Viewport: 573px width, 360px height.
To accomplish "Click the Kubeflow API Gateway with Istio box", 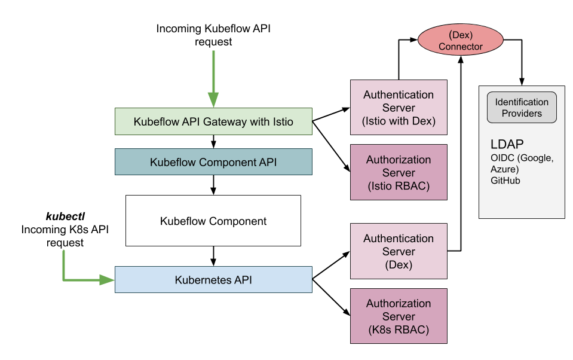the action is pos(213,121).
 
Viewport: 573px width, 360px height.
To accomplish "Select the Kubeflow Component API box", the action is pos(213,161).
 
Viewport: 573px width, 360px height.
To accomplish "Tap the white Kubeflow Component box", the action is pos(213,221).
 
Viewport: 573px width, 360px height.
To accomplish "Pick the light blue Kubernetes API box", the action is pos(213,279).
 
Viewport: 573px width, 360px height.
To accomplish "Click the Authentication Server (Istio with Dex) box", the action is pos(399,107).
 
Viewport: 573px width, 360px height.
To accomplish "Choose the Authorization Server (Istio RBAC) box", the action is pos(399,172).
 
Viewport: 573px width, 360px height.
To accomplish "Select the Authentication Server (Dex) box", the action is pos(399,251).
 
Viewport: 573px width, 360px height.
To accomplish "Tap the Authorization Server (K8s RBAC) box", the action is pos(399,316).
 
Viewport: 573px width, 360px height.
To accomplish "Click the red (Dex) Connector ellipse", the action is pos(461,40).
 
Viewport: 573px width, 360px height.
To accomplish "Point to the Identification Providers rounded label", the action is pos(522,108).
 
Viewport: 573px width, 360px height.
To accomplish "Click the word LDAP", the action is pos(507,144).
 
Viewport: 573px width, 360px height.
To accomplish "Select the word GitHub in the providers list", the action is pos(505,181).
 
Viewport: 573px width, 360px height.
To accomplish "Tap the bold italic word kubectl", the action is pos(65,216).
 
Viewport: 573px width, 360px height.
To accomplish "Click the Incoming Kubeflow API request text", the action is pos(213,35).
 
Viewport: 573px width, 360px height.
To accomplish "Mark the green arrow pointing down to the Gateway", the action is pos(213,79).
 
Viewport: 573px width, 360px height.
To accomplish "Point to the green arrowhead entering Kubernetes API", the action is pos(107,280).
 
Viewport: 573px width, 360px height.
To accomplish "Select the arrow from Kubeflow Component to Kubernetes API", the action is pos(213,256).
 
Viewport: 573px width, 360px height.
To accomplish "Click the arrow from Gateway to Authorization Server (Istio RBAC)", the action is pos(331,147).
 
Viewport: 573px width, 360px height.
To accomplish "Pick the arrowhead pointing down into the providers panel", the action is pos(522,81).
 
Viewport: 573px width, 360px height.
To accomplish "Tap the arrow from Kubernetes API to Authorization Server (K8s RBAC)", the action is pos(331,297).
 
